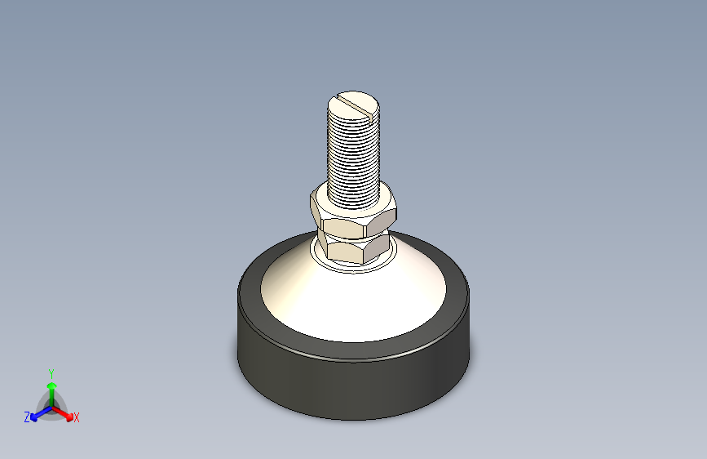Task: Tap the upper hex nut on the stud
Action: pyautogui.click(x=353, y=215)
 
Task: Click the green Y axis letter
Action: pyautogui.click(x=51, y=372)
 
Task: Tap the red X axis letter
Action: pyautogui.click(x=77, y=418)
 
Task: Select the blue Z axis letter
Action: pyautogui.click(x=27, y=417)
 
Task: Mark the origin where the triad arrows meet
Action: pyautogui.click(x=51, y=406)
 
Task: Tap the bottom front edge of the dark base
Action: pyautogui.click(x=352, y=419)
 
